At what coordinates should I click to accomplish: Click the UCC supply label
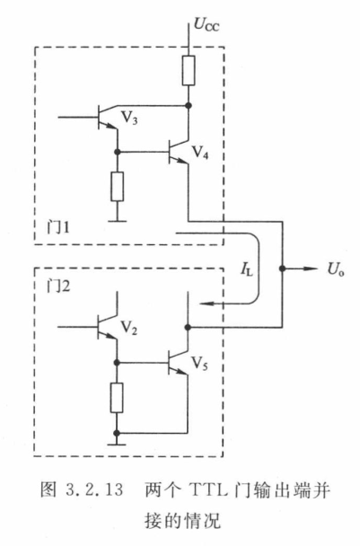coord(206,25)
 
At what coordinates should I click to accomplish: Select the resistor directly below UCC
coord(189,70)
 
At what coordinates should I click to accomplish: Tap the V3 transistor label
coord(129,118)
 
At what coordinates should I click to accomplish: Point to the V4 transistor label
coord(200,152)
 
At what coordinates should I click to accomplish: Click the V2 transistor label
coord(128,328)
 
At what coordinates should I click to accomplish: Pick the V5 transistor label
coord(200,364)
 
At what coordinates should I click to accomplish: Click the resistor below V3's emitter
coord(118,186)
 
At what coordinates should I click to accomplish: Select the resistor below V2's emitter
coord(117,397)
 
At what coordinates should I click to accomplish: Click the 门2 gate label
coord(58,286)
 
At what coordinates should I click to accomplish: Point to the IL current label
coord(247,269)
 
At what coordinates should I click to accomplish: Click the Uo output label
coord(336,269)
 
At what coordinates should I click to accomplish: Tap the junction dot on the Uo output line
coord(283,269)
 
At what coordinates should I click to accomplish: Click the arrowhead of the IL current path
coord(206,304)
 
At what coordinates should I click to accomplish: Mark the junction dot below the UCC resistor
coord(189,105)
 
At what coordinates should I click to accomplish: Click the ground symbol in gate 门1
coord(118,220)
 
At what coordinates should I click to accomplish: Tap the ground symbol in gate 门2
coord(117,444)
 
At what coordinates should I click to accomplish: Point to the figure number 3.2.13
coord(94,490)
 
